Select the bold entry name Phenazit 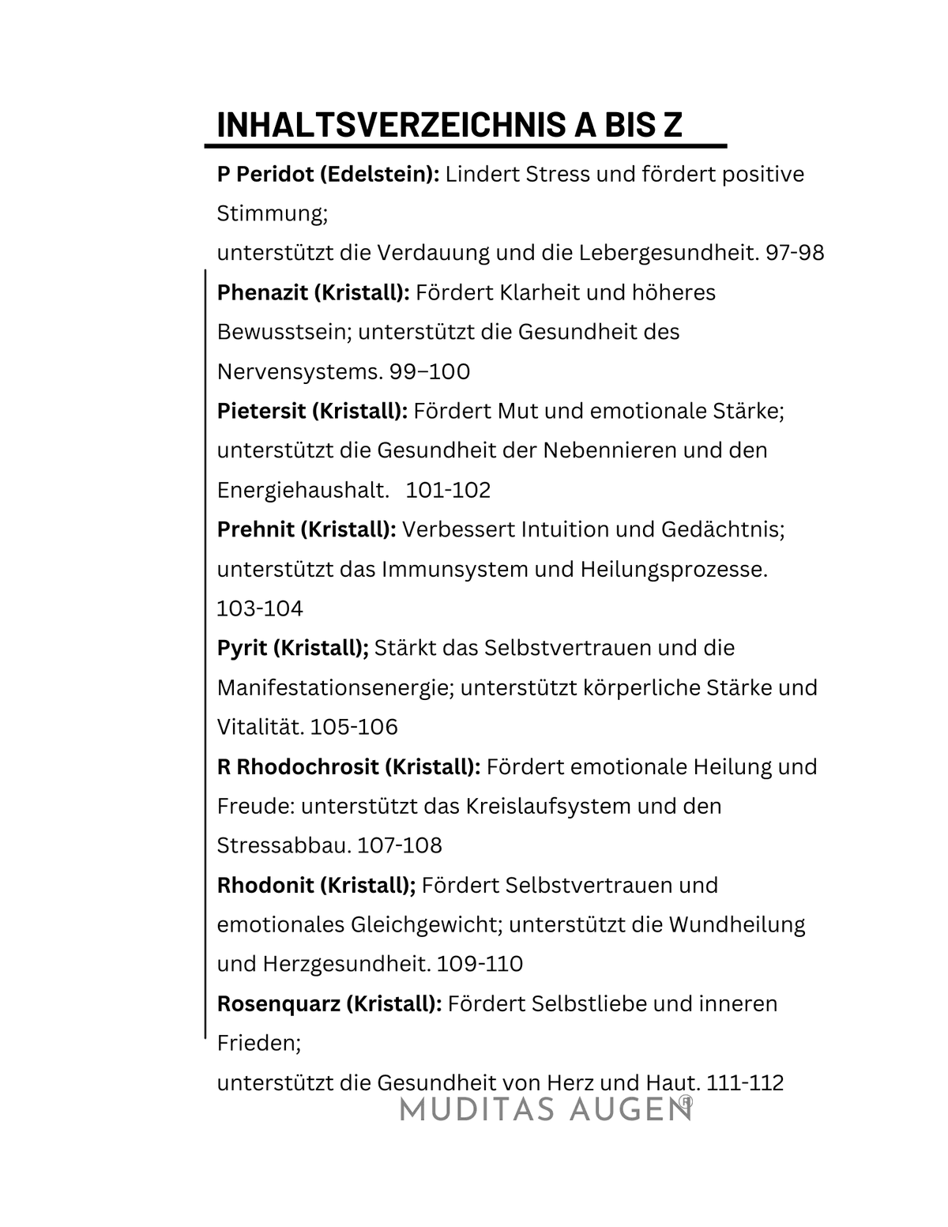click(x=262, y=292)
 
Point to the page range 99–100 click(x=430, y=371)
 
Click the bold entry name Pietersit click(x=261, y=411)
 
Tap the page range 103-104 click(x=260, y=608)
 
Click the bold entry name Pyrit click(x=242, y=648)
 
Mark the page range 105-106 click(x=354, y=727)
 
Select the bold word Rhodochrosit click(x=310, y=766)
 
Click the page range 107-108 click(x=400, y=845)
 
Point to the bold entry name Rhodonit click(x=265, y=885)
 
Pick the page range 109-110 click(x=480, y=964)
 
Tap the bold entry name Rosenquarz click(x=279, y=1003)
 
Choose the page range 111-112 click(x=746, y=1082)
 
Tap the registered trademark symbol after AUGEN click(x=687, y=1101)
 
